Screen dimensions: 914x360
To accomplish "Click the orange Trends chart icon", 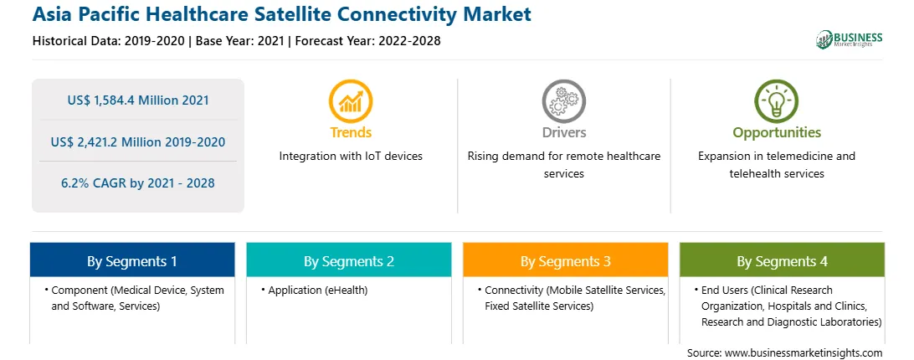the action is tap(351, 101).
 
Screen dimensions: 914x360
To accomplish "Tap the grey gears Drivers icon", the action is tap(563, 101).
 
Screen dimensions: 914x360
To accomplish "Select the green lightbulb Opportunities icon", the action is tap(777, 101).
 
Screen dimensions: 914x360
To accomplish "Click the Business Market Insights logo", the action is tap(850, 39).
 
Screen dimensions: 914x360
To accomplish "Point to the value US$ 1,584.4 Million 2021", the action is tap(138, 100).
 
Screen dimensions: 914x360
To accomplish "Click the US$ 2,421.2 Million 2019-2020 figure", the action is tap(138, 141).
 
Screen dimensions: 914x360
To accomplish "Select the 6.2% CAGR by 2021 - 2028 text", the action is tap(138, 183).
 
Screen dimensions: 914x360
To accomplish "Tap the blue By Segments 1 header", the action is tap(132, 260).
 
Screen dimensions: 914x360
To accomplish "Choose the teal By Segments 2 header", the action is tap(348, 260).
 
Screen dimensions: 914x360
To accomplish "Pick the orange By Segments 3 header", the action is tap(566, 260).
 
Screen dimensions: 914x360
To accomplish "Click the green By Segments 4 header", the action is tap(783, 260).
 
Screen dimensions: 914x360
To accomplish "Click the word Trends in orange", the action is tap(351, 132).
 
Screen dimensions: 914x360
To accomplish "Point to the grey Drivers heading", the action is tap(564, 132).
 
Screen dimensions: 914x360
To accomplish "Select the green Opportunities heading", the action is tap(777, 133).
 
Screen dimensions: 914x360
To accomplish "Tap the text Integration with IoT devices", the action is tap(351, 156).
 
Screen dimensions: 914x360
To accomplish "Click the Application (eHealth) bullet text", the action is tap(318, 290).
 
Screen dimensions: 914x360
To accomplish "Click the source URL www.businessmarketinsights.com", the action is tap(804, 352).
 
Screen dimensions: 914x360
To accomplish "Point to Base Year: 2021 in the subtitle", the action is tap(240, 41).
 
